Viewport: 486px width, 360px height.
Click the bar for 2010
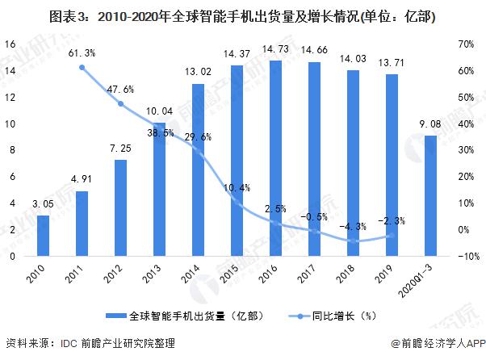[44, 236]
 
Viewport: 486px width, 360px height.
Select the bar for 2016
[275, 158]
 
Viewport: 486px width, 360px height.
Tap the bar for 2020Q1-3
[430, 195]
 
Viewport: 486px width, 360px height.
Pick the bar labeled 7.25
[120, 207]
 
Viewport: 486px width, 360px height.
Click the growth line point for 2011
[82, 67]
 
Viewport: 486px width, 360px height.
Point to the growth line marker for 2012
[120, 103]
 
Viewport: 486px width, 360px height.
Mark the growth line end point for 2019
[392, 236]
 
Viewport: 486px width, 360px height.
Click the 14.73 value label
[275, 52]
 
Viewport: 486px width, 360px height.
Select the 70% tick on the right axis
[463, 45]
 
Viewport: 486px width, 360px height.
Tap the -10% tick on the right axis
[463, 257]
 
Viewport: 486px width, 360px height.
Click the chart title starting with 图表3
[242, 15]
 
